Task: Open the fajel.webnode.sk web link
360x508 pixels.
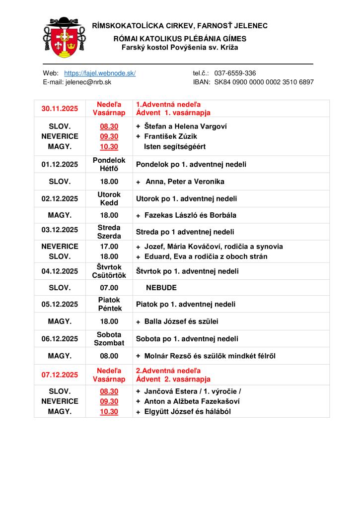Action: [x=100, y=73]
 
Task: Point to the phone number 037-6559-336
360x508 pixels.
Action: [x=235, y=73]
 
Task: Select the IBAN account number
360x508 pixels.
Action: [x=264, y=82]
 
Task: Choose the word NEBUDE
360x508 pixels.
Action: [x=161, y=288]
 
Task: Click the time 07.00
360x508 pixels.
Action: [x=109, y=288]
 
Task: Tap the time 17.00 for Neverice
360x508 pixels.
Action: [x=109, y=247]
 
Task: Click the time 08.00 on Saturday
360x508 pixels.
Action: [x=109, y=356]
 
